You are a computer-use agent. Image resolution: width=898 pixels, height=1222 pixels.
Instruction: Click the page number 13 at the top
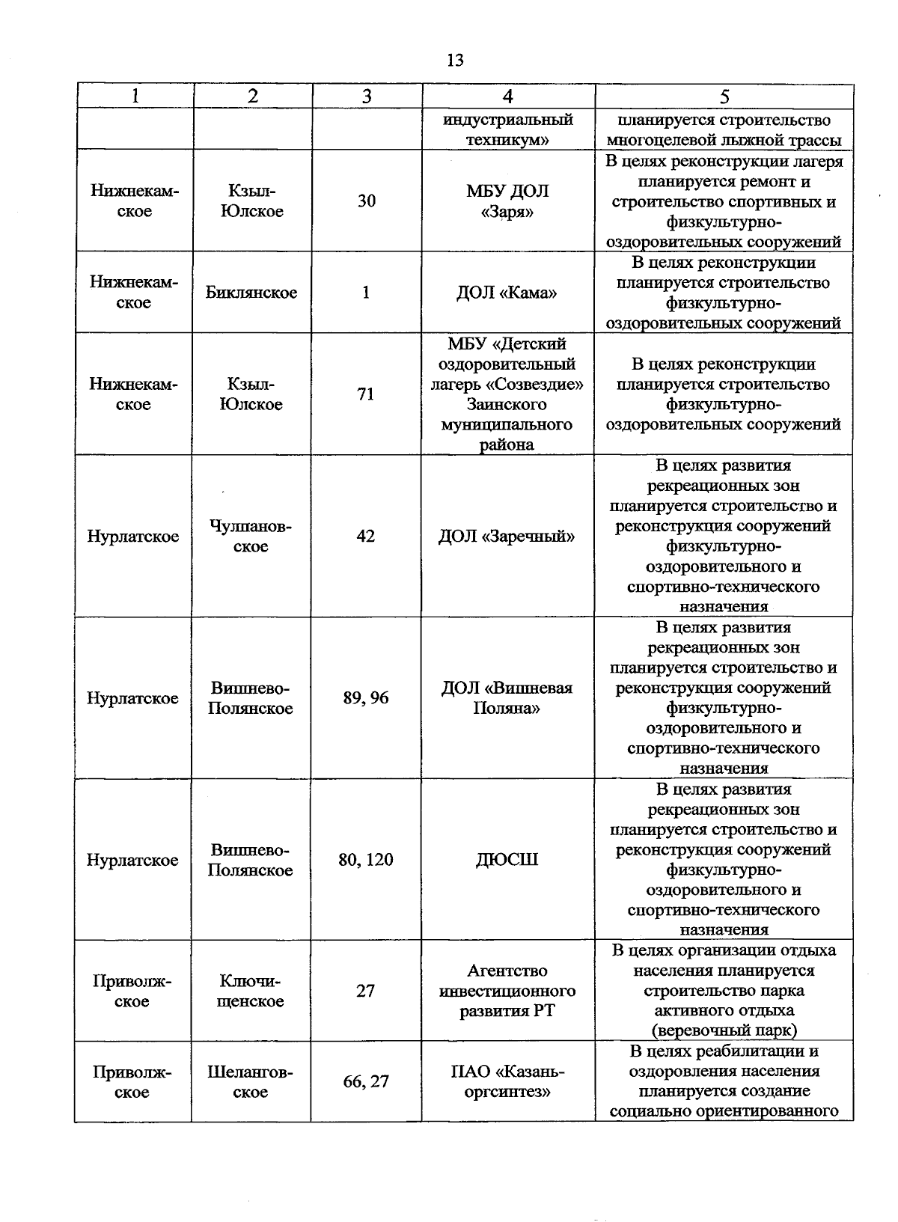point(454,61)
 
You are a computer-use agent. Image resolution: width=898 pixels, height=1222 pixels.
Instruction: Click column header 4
point(508,97)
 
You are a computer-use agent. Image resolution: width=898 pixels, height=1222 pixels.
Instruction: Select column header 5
point(724,97)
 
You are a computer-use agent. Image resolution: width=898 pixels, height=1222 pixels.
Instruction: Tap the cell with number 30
point(366,201)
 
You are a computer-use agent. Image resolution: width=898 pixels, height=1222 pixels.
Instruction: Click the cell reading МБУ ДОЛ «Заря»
point(507,201)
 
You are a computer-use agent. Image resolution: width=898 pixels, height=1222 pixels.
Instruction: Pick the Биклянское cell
point(251,293)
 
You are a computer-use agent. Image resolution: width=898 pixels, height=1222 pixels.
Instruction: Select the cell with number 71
point(365,394)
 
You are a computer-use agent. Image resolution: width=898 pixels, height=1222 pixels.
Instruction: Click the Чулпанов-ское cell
point(251,537)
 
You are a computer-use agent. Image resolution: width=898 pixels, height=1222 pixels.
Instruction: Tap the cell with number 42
point(365,537)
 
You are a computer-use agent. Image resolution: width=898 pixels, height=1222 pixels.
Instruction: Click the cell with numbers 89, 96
point(366,698)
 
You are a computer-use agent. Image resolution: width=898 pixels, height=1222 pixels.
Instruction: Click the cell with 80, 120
point(366,860)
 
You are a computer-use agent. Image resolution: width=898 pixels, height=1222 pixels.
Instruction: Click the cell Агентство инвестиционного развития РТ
point(507,991)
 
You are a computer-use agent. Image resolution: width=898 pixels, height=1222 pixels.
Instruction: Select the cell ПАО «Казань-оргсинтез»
point(507,1081)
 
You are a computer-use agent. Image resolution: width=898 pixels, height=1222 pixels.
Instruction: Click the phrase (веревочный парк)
point(724,1030)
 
